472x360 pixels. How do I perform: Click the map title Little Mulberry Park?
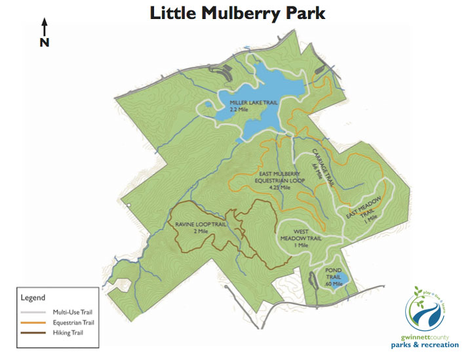(x=237, y=14)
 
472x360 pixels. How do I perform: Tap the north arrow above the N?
(x=45, y=27)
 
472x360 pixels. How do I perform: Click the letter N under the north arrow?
(x=45, y=43)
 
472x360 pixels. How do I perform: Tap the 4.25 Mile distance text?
(x=280, y=188)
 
